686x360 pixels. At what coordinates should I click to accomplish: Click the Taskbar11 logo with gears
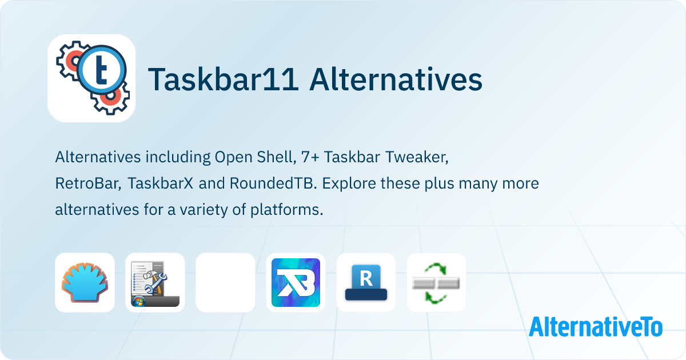(91, 78)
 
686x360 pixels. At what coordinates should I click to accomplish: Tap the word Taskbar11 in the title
(223, 80)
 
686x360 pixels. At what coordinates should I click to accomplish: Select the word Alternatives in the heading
(396, 80)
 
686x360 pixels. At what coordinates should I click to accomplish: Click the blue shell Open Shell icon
(85, 282)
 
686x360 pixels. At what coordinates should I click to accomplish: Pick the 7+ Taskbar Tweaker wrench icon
(155, 282)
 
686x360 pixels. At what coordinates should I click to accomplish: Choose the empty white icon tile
(225, 282)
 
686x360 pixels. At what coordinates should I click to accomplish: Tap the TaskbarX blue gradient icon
(296, 282)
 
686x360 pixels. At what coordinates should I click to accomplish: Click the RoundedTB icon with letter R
(366, 282)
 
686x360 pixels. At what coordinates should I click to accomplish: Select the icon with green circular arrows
(436, 282)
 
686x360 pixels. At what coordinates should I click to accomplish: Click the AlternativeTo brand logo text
(595, 327)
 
